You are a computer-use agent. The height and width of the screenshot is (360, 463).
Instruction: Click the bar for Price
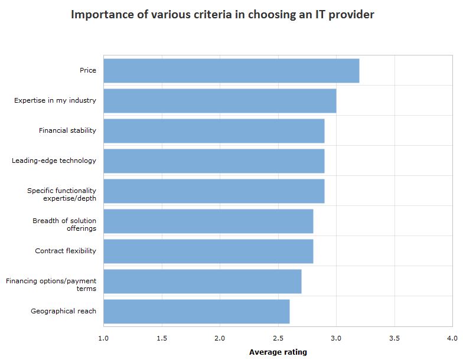click(231, 71)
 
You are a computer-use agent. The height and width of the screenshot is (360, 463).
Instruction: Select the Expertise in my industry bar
click(220, 101)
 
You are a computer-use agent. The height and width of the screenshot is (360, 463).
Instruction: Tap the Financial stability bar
click(214, 130)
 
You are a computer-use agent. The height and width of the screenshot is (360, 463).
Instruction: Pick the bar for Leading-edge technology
click(214, 161)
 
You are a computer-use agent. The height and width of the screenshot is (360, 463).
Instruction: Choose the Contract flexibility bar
click(208, 251)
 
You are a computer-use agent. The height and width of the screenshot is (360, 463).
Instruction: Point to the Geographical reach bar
click(196, 311)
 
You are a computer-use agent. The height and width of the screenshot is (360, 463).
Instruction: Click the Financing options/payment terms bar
click(202, 281)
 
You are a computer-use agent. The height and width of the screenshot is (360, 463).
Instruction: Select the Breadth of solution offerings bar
click(208, 221)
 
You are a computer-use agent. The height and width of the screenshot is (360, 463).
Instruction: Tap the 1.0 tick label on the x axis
click(103, 338)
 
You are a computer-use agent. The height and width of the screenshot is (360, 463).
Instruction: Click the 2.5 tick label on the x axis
click(278, 338)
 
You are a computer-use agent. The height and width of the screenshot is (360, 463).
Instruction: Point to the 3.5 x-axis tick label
click(394, 338)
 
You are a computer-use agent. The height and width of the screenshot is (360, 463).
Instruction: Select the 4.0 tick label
click(452, 338)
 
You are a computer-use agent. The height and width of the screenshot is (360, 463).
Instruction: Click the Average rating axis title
click(278, 352)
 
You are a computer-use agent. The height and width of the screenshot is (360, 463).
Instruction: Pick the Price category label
click(88, 71)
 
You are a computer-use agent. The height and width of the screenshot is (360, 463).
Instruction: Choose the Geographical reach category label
click(63, 311)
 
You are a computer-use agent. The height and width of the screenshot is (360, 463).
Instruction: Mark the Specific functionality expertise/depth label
click(61, 195)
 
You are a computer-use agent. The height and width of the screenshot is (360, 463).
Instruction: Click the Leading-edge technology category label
click(54, 161)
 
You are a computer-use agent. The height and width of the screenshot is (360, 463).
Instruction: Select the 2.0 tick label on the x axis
click(220, 338)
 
